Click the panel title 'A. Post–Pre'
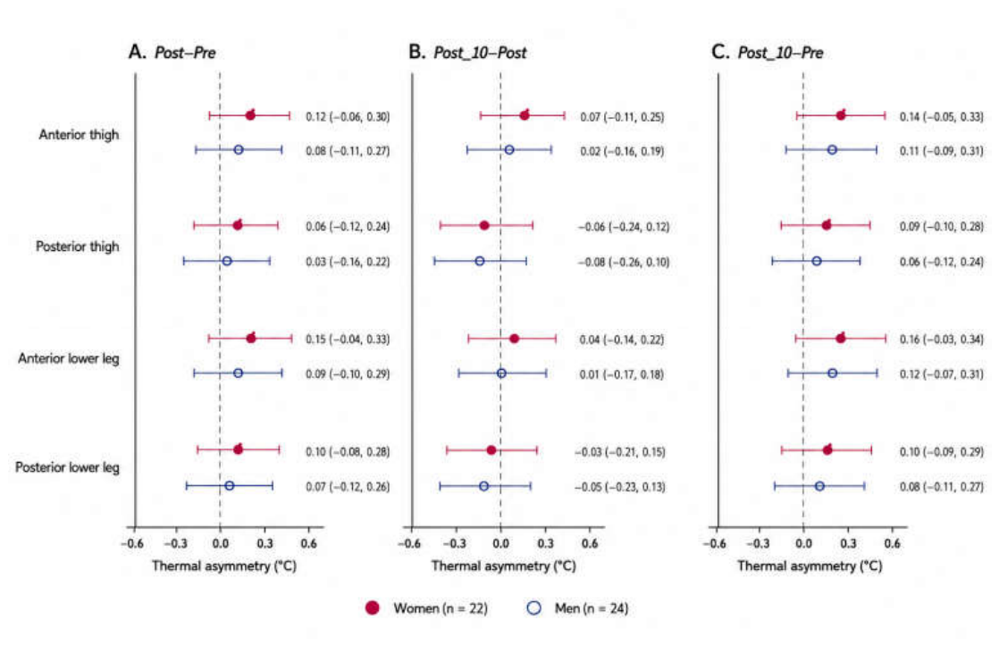(x=172, y=52)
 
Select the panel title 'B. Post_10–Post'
(x=467, y=52)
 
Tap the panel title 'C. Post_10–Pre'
(x=767, y=52)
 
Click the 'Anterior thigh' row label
(x=79, y=134)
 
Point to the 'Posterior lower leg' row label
(x=68, y=467)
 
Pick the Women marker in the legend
(x=373, y=608)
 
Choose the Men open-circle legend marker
(x=534, y=608)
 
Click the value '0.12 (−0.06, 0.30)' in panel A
(x=348, y=116)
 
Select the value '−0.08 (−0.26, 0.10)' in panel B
(x=623, y=262)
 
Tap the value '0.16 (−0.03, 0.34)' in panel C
(x=942, y=339)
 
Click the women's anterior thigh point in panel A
(x=250, y=115)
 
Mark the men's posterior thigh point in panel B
(x=480, y=261)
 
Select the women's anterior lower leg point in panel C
(x=841, y=339)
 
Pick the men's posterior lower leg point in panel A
(x=230, y=485)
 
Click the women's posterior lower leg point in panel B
(x=491, y=450)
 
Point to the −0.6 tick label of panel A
(x=132, y=543)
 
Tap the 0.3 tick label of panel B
(x=545, y=543)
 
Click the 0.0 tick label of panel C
(x=803, y=543)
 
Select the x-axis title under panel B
(x=503, y=566)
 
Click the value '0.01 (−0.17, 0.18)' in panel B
(x=621, y=374)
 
